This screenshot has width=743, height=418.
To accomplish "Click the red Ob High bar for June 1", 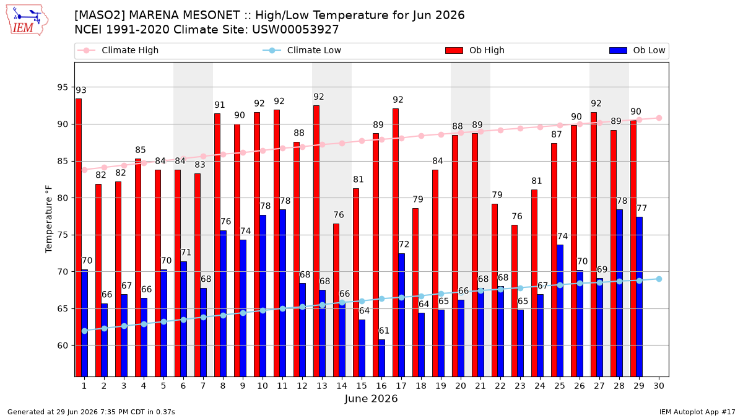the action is (x=79, y=238).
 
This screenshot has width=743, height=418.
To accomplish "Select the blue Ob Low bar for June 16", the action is (x=382, y=358).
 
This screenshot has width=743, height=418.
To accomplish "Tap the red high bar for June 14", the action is (x=336, y=300).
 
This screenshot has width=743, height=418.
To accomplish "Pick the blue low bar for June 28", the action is (x=619, y=293).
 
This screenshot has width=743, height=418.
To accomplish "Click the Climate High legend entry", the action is (x=118, y=50).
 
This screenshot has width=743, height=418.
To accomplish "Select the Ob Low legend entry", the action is (x=637, y=50).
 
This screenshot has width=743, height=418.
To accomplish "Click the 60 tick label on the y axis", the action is (x=63, y=346).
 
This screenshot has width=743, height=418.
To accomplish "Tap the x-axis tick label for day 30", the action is (x=659, y=386).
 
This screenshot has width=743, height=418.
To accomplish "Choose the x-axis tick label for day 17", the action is (x=401, y=386).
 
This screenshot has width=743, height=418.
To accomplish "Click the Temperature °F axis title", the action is (x=49, y=219).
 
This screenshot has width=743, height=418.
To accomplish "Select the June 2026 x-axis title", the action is (x=371, y=398).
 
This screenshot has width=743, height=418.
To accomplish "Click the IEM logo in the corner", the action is (x=27, y=20).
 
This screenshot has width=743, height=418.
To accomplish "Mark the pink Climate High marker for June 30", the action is (x=659, y=118).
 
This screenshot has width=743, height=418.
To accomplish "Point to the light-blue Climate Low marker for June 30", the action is (x=659, y=279).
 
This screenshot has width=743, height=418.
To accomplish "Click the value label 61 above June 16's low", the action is (x=384, y=331).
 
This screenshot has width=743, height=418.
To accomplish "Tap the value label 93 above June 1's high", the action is (x=81, y=90).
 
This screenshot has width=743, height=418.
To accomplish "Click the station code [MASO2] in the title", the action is (x=100, y=15).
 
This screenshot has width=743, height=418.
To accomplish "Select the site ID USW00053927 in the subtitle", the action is (x=295, y=30).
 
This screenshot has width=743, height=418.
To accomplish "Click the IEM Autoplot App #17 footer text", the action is (x=697, y=412).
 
